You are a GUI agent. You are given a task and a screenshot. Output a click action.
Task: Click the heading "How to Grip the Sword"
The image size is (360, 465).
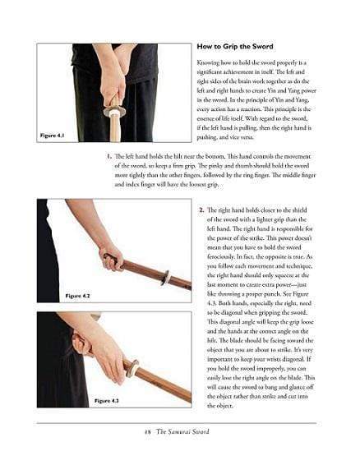(x=235, y=47)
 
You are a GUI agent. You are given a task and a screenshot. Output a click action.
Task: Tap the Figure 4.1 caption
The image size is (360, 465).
(x=53, y=136)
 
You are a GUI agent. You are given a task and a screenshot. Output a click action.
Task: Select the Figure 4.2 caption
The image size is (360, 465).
(x=77, y=296)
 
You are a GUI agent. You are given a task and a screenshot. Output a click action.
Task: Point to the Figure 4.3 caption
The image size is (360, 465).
(x=107, y=401)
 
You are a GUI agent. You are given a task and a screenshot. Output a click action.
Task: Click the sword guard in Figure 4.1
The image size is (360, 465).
(x=114, y=112)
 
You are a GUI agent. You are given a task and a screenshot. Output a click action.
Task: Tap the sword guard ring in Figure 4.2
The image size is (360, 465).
(x=166, y=278)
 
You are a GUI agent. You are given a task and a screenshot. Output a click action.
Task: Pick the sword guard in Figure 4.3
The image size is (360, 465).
(x=132, y=369)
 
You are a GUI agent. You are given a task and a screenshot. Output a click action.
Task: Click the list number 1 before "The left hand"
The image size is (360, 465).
(x=109, y=156)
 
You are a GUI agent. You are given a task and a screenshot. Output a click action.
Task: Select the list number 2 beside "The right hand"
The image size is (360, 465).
(x=202, y=210)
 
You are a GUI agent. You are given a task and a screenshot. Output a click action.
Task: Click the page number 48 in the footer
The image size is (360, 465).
(x=148, y=432)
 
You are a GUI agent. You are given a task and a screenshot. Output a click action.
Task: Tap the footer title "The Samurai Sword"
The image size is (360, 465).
(x=182, y=432)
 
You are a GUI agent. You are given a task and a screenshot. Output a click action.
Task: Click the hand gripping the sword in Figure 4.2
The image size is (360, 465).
(x=111, y=257)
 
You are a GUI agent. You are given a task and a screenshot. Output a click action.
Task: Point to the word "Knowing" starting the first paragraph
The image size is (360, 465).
(x=207, y=63)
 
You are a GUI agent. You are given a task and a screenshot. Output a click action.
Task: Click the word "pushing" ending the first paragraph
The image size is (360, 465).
(x=207, y=137)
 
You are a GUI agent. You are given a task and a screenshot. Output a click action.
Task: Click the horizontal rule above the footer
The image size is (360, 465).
(x=176, y=423)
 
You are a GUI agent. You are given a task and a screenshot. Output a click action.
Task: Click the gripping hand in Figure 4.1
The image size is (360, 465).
(x=113, y=83)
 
